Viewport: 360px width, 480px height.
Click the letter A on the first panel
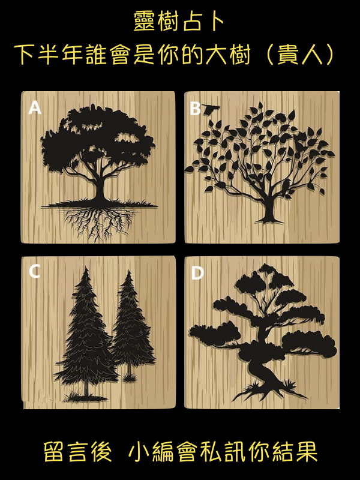click(35, 107)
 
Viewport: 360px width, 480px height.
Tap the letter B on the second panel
click(195, 108)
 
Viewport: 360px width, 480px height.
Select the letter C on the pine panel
click(34, 271)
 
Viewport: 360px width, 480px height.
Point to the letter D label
click(197, 273)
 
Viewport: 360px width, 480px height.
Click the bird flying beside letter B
click(211, 109)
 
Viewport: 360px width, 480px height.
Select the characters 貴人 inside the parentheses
click(300, 55)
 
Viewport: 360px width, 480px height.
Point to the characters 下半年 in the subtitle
click(48, 55)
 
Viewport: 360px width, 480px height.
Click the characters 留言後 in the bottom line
click(77, 452)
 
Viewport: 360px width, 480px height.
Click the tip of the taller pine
click(86, 267)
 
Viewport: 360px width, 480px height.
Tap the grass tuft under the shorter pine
click(129, 378)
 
